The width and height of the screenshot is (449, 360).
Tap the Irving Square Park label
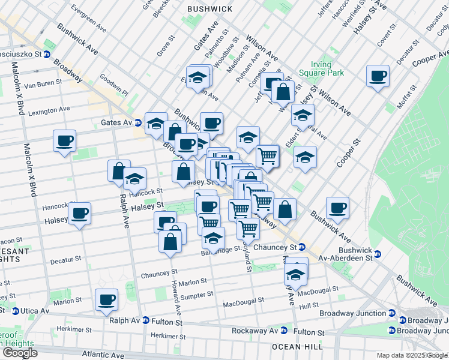click(327, 68)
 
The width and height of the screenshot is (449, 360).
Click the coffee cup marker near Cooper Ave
click(378, 76)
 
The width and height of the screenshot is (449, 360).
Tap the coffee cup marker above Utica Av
click(106, 299)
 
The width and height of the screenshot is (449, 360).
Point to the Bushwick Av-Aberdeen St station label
click(355, 254)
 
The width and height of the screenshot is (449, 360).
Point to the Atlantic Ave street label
click(104, 355)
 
